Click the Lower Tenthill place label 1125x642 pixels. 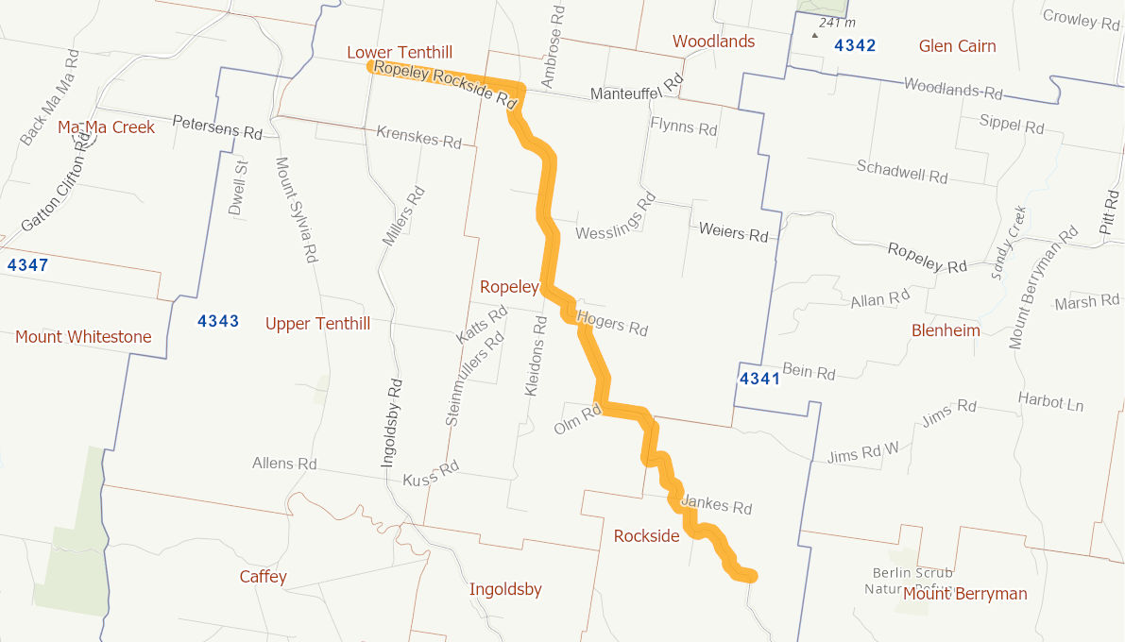[400, 52]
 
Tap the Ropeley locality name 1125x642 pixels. [508, 287]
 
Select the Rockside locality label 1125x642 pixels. [646, 536]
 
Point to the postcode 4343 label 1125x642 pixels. [218, 322]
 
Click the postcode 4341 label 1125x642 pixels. [759, 380]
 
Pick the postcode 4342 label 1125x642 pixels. [855, 45]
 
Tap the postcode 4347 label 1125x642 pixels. [27, 265]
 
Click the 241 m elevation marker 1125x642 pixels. [836, 23]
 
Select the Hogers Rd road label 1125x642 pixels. [612, 323]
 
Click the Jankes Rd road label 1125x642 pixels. [716, 504]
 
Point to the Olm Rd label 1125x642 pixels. [578, 421]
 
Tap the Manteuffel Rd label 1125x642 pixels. [636, 91]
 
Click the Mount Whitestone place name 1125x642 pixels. [83, 337]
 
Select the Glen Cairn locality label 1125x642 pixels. [957, 46]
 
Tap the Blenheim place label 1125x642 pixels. [946, 330]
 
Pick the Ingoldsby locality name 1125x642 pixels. [505, 590]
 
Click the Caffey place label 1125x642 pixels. [263, 577]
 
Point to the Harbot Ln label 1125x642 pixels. [1050, 401]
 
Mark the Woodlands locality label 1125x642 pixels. [713, 42]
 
